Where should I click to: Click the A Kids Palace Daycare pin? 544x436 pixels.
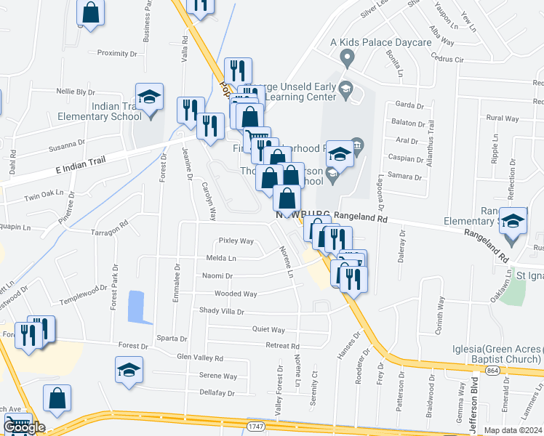click(x=347, y=57)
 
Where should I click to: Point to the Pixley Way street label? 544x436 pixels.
click(x=236, y=241)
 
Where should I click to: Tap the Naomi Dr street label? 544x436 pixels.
click(x=218, y=276)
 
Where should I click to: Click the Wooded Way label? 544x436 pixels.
click(x=236, y=294)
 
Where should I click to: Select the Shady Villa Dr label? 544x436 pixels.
click(x=222, y=311)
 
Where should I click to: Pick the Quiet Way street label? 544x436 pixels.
click(x=268, y=329)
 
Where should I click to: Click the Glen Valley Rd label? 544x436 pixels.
click(x=200, y=358)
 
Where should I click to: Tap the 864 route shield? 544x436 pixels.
click(x=473, y=371)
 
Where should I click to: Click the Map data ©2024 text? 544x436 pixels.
click(x=513, y=430)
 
